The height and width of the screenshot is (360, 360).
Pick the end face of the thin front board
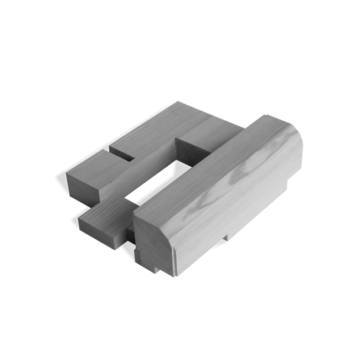[100, 233]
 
